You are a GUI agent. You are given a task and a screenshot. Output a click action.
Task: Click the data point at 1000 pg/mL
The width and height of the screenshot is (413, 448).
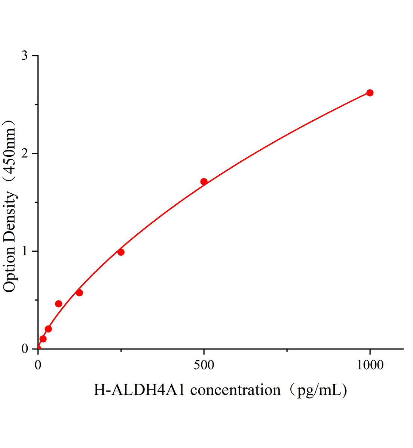[x=370, y=93]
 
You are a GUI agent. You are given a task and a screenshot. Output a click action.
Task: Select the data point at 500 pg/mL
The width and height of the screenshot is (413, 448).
[x=204, y=182]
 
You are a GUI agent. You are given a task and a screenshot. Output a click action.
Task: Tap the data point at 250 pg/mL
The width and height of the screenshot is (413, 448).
[x=121, y=252]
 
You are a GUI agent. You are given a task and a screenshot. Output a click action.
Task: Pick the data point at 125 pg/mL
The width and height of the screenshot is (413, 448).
[x=79, y=293]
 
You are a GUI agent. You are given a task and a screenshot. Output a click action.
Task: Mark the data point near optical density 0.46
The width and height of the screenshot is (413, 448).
[x=59, y=304]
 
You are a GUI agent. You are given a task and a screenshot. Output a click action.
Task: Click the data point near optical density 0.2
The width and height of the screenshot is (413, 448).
[x=48, y=329]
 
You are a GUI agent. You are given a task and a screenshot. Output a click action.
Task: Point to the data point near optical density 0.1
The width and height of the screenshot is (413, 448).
[x=43, y=339]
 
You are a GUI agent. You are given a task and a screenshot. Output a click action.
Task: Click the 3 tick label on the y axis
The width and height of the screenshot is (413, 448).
[x=25, y=56]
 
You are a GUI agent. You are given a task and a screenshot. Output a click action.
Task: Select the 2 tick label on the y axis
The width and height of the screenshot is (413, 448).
[x=25, y=153]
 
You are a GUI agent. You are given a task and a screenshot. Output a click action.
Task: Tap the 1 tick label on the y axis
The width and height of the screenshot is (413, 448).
[x=25, y=251]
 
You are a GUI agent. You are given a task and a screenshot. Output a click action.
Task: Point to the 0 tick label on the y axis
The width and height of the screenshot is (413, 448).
[x=25, y=349]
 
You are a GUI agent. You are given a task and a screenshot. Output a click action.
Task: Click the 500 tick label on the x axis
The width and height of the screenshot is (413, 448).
[x=204, y=365]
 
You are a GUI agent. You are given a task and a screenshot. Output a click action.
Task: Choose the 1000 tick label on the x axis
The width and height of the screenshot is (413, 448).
[x=370, y=365]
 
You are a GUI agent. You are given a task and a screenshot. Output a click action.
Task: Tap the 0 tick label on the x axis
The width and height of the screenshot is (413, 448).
[x=38, y=365]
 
